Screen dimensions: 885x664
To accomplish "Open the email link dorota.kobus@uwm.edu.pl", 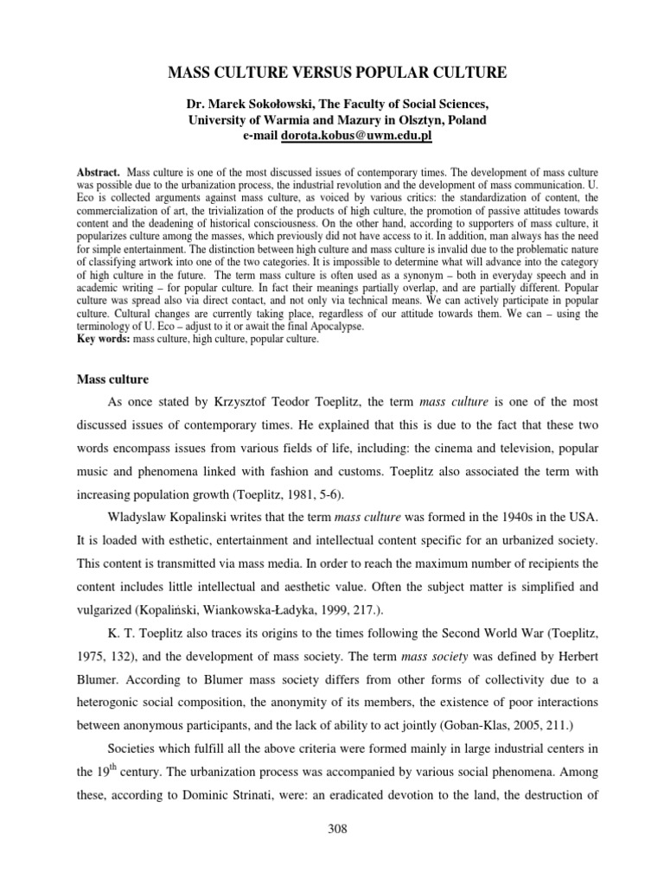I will coord(351,137).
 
